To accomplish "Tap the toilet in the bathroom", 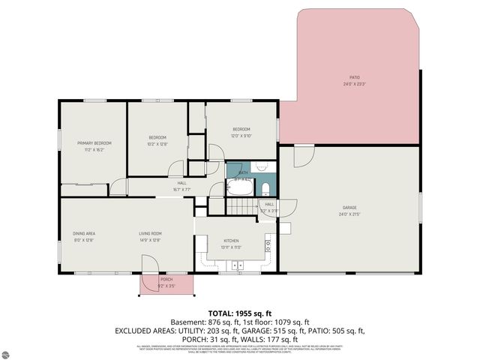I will point(266,187).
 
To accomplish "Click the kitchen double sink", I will point(238,264).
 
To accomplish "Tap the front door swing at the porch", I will point(150,264).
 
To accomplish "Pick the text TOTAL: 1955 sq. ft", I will point(239,313).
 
